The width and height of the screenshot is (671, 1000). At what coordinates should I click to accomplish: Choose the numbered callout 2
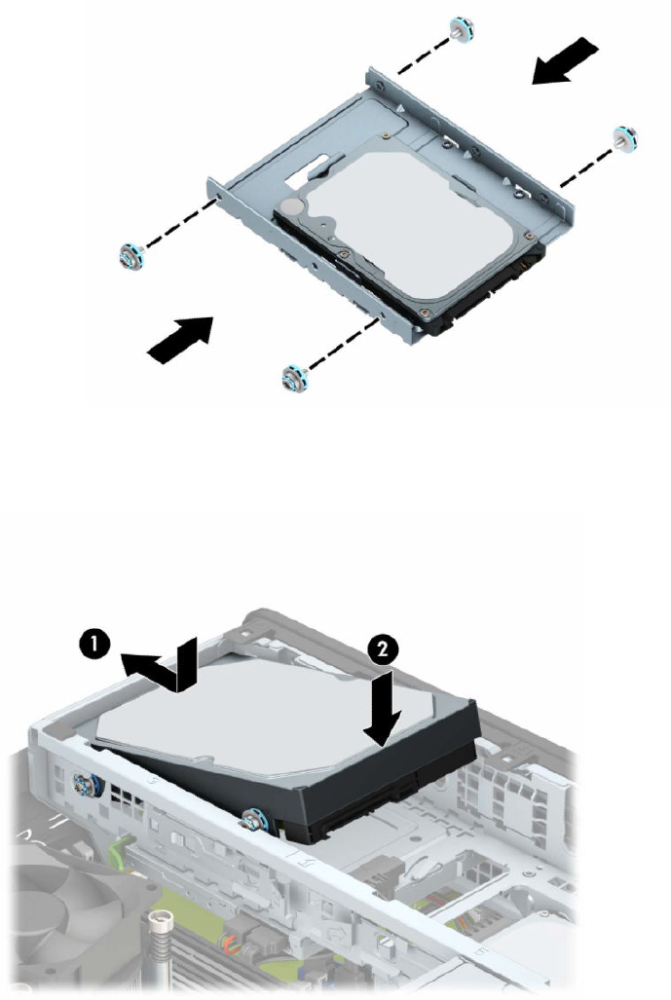point(383,649)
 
